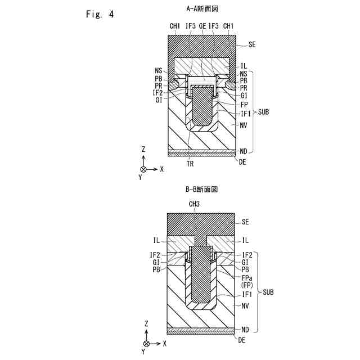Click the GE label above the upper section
(x=202, y=26)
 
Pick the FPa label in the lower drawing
(x=246, y=278)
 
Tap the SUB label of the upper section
(x=263, y=112)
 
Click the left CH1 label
(x=175, y=26)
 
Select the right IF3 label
(x=214, y=26)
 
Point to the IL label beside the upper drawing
(x=244, y=66)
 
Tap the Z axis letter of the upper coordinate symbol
(x=144, y=149)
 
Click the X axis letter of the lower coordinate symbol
(x=165, y=343)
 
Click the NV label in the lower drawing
(x=245, y=306)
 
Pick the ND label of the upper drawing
(x=244, y=150)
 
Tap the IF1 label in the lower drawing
(x=246, y=294)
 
